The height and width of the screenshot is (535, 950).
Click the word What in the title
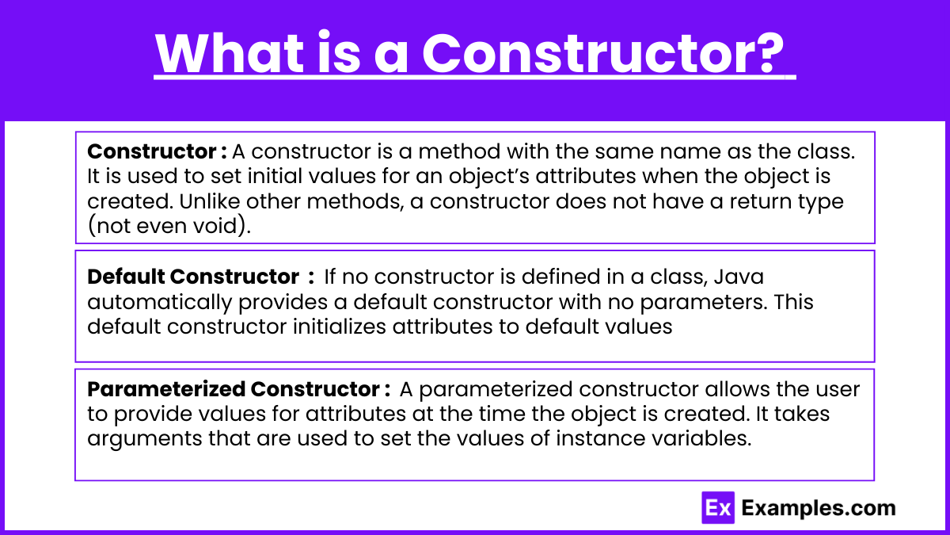[x=230, y=54]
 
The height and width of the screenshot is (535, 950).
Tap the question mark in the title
[x=768, y=52]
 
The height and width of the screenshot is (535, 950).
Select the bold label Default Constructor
[x=193, y=277]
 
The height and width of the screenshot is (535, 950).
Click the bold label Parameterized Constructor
[x=234, y=389]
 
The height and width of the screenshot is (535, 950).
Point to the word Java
[x=739, y=277]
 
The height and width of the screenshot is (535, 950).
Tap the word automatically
[x=160, y=303]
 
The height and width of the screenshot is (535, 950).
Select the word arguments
[x=145, y=439]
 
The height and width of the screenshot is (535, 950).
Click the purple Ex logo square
[x=718, y=508]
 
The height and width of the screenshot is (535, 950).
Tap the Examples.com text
[x=819, y=508]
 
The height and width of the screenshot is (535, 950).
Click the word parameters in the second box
[x=703, y=303]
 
